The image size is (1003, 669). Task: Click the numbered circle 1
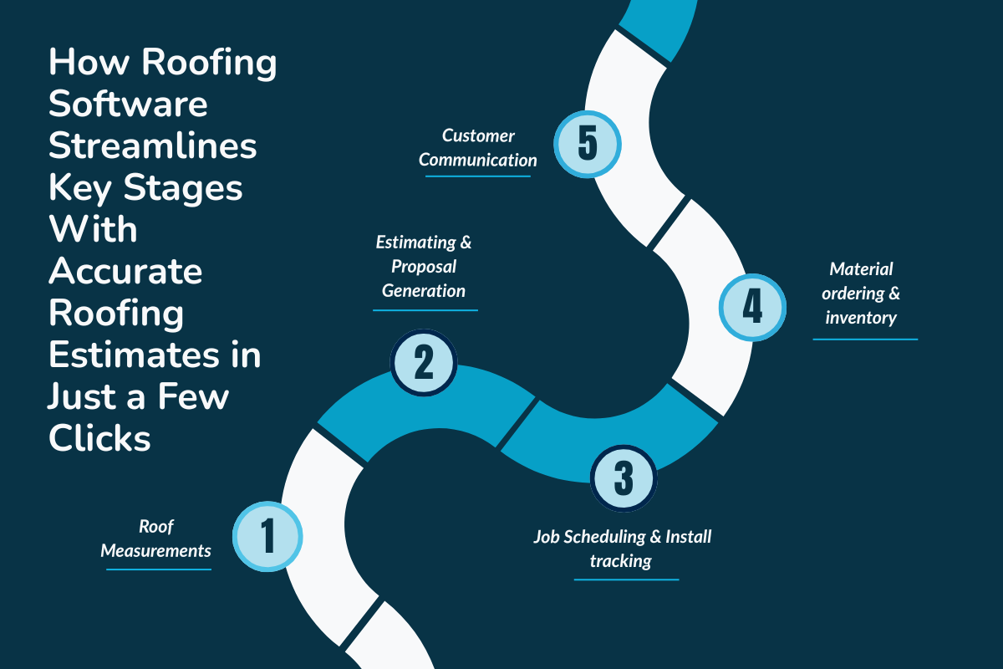click(267, 535)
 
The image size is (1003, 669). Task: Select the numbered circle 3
click(624, 477)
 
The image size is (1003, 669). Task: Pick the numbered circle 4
click(752, 307)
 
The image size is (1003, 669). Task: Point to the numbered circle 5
click(588, 143)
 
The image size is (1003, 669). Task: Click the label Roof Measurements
click(156, 539)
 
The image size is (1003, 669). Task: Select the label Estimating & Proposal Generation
click(424, 267)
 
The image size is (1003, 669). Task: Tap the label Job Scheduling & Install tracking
click(623, 548)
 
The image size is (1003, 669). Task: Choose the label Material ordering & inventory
click(862, 294)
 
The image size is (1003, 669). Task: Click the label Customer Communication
click(478, 146)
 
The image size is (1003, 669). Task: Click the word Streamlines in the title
click(152, 146)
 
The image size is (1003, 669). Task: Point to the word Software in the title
click(128, 105)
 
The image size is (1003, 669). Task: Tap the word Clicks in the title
click(99, 438)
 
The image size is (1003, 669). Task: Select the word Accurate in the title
click(125, 271)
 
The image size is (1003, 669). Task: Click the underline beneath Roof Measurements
click(159, 569)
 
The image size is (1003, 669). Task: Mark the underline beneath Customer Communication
click(478, 176)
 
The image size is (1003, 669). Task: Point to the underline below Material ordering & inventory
click(865, 340)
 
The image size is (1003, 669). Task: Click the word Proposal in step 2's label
click(424, 267)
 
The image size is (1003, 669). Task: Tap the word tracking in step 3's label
click(621, 560)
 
